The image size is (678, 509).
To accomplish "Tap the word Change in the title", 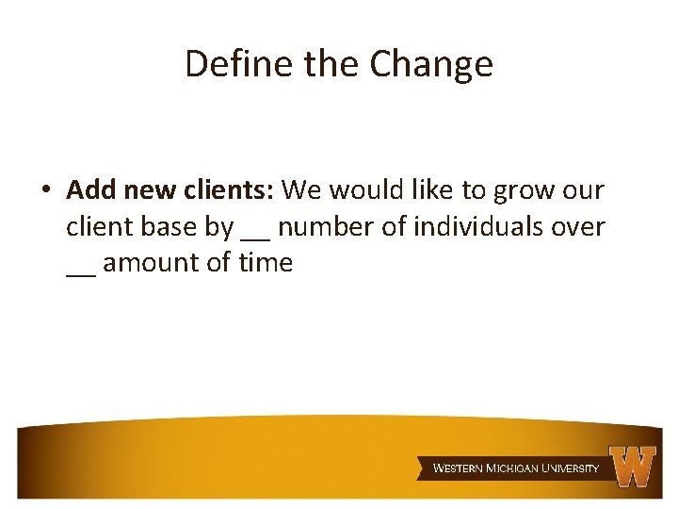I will coord(431,64).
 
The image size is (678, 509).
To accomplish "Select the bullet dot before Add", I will coord(45,191).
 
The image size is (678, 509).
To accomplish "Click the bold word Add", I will coord(91,190).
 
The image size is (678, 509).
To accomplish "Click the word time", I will coord(266,262).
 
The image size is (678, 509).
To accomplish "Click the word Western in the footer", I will coord(458,468).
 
